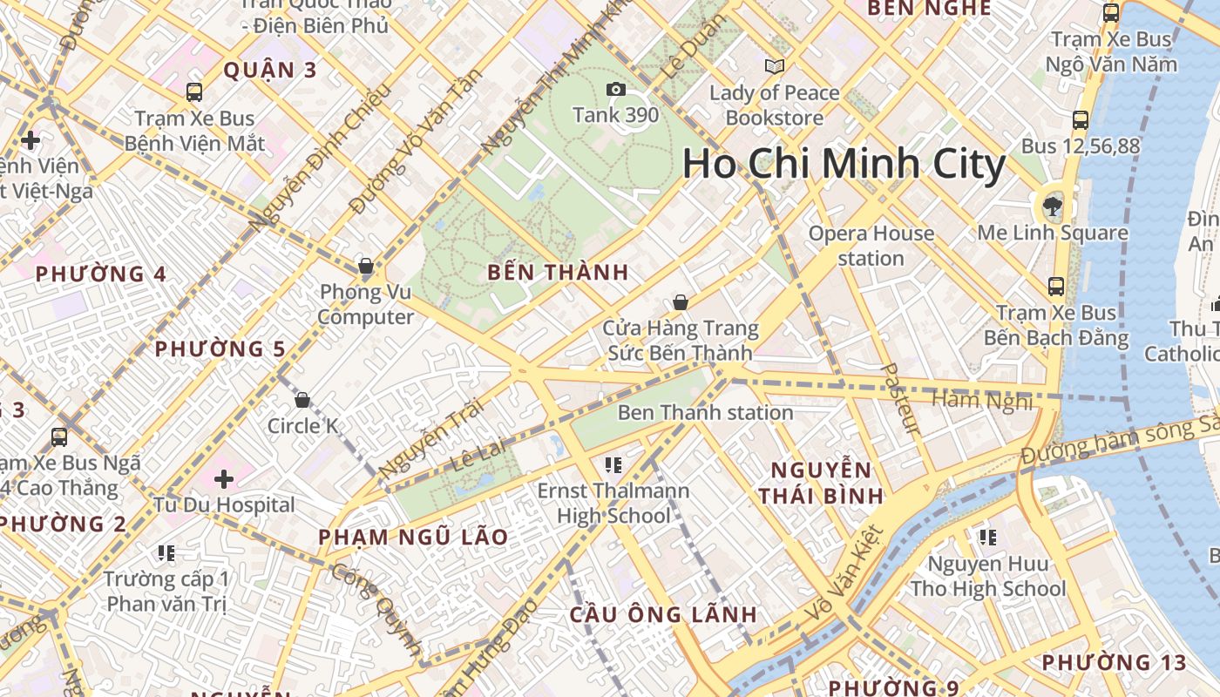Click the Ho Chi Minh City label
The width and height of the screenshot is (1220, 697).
pyautogui.click(x=844, y=164)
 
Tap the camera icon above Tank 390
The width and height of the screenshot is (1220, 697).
pyautogui.click(x=615, y=90)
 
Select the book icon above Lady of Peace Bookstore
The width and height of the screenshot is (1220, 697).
pyautogui.click(x=774, y=66)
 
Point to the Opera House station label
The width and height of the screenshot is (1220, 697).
pyautogui.click(x=871, y=246)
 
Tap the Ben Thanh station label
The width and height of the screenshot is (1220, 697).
pyautogui.click(x=705, y=412)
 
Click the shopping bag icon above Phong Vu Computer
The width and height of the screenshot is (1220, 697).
pyautogui.click(x=366, y=266)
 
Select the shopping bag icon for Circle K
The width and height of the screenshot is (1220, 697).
pyautogui.click(x=302, y=400)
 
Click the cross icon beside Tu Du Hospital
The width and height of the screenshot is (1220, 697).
pyautogui.click(x=224, y=479)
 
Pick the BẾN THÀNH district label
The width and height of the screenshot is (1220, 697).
pyautogui.click(x=558, y=272)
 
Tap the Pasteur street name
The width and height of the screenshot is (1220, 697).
pyautogui.click(x=901, y=398)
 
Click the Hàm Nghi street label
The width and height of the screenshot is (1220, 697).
pyautogui.click(x=982, y=401)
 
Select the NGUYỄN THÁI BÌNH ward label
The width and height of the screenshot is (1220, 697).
pyautogui.click(x=820, y=483)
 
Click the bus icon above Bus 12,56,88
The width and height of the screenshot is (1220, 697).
pyautogui.click(x=1081, y=120)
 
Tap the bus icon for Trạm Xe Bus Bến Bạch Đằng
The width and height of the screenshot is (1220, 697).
pyautogui.click(x=1056, y=286)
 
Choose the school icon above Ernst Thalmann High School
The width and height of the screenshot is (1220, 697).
pyautogui.click(x=613, y=465)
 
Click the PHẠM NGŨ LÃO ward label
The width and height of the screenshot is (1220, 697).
pyautogui.click(x=413, y=537)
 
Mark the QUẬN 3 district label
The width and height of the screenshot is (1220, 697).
pyautogui.click(x=269, y=71)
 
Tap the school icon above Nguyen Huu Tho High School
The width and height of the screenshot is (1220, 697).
pyautogui.click(x=987, y=538)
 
